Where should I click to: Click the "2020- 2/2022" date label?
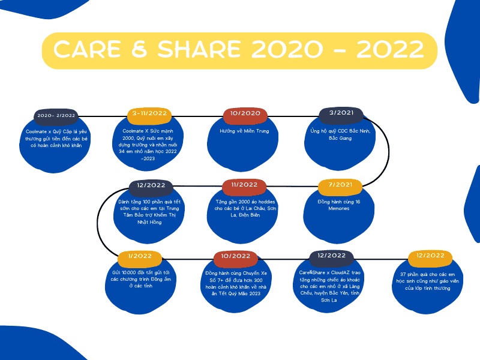pos(56,116)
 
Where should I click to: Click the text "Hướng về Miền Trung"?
pos(244,131)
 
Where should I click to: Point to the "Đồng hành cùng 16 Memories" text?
pos(339,205)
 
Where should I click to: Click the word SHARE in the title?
pos(199,50)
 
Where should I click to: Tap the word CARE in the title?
pos(87,50)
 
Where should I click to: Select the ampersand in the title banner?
pos(140,50)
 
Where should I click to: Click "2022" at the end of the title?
pos(390,50)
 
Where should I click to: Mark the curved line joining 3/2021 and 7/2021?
pos(389,151)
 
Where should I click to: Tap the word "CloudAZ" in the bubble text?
pos(341,272)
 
